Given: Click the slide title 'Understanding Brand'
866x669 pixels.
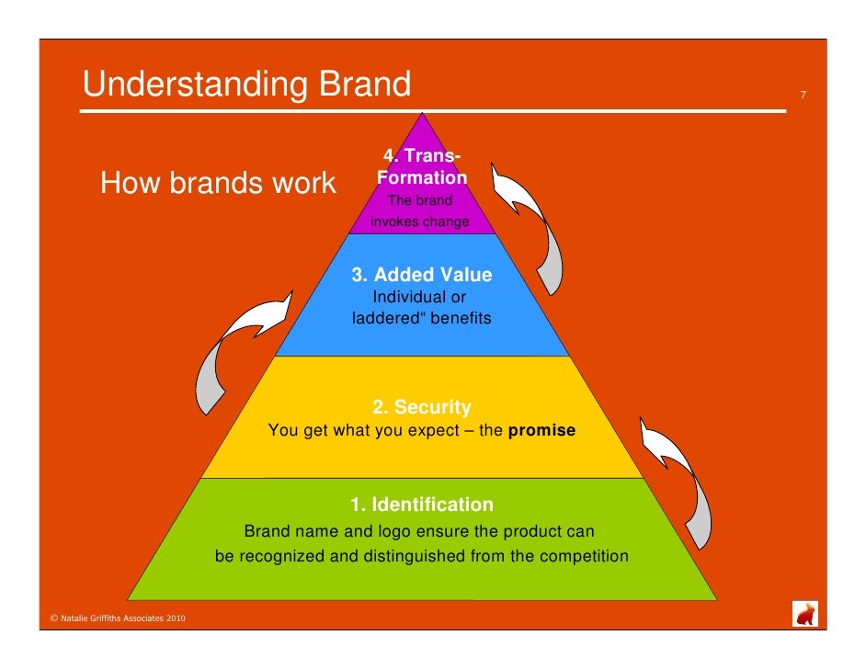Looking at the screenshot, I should click(x=246, y=85).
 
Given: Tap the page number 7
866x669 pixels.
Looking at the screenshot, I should click(x=803, y=95).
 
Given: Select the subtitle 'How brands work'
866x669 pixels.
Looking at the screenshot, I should click(x=218, y=184).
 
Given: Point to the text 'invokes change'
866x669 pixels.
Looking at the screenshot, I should click(x=419, y=221).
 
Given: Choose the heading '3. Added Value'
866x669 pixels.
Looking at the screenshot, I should click(x=422, y=275).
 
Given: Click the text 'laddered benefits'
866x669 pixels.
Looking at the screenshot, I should click(x=421, y=319).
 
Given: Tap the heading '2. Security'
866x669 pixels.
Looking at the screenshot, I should click(x=421, y=407).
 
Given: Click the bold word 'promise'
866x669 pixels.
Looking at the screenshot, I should click(x=541, y=429).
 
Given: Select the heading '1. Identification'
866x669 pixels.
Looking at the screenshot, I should click(x=421, y=505).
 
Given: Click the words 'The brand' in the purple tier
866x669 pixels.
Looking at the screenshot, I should click(x=420, y=200).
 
